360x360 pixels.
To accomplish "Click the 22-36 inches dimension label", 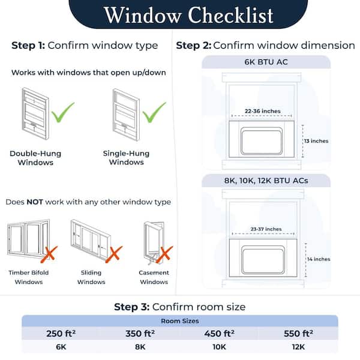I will pyautogui.click(x=263, y=111).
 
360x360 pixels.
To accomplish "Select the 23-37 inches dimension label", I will pyautogui.click(x=265, y=229).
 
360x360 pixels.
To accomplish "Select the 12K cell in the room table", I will pyautogui.click(x=299, y=347).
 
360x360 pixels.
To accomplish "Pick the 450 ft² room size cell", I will pyautogui.click(x=220, y=334).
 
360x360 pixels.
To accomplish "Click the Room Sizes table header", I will pyautogui.click(x=180, y=321).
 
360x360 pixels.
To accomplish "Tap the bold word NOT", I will pyautogui.click(x=34, y=202).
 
